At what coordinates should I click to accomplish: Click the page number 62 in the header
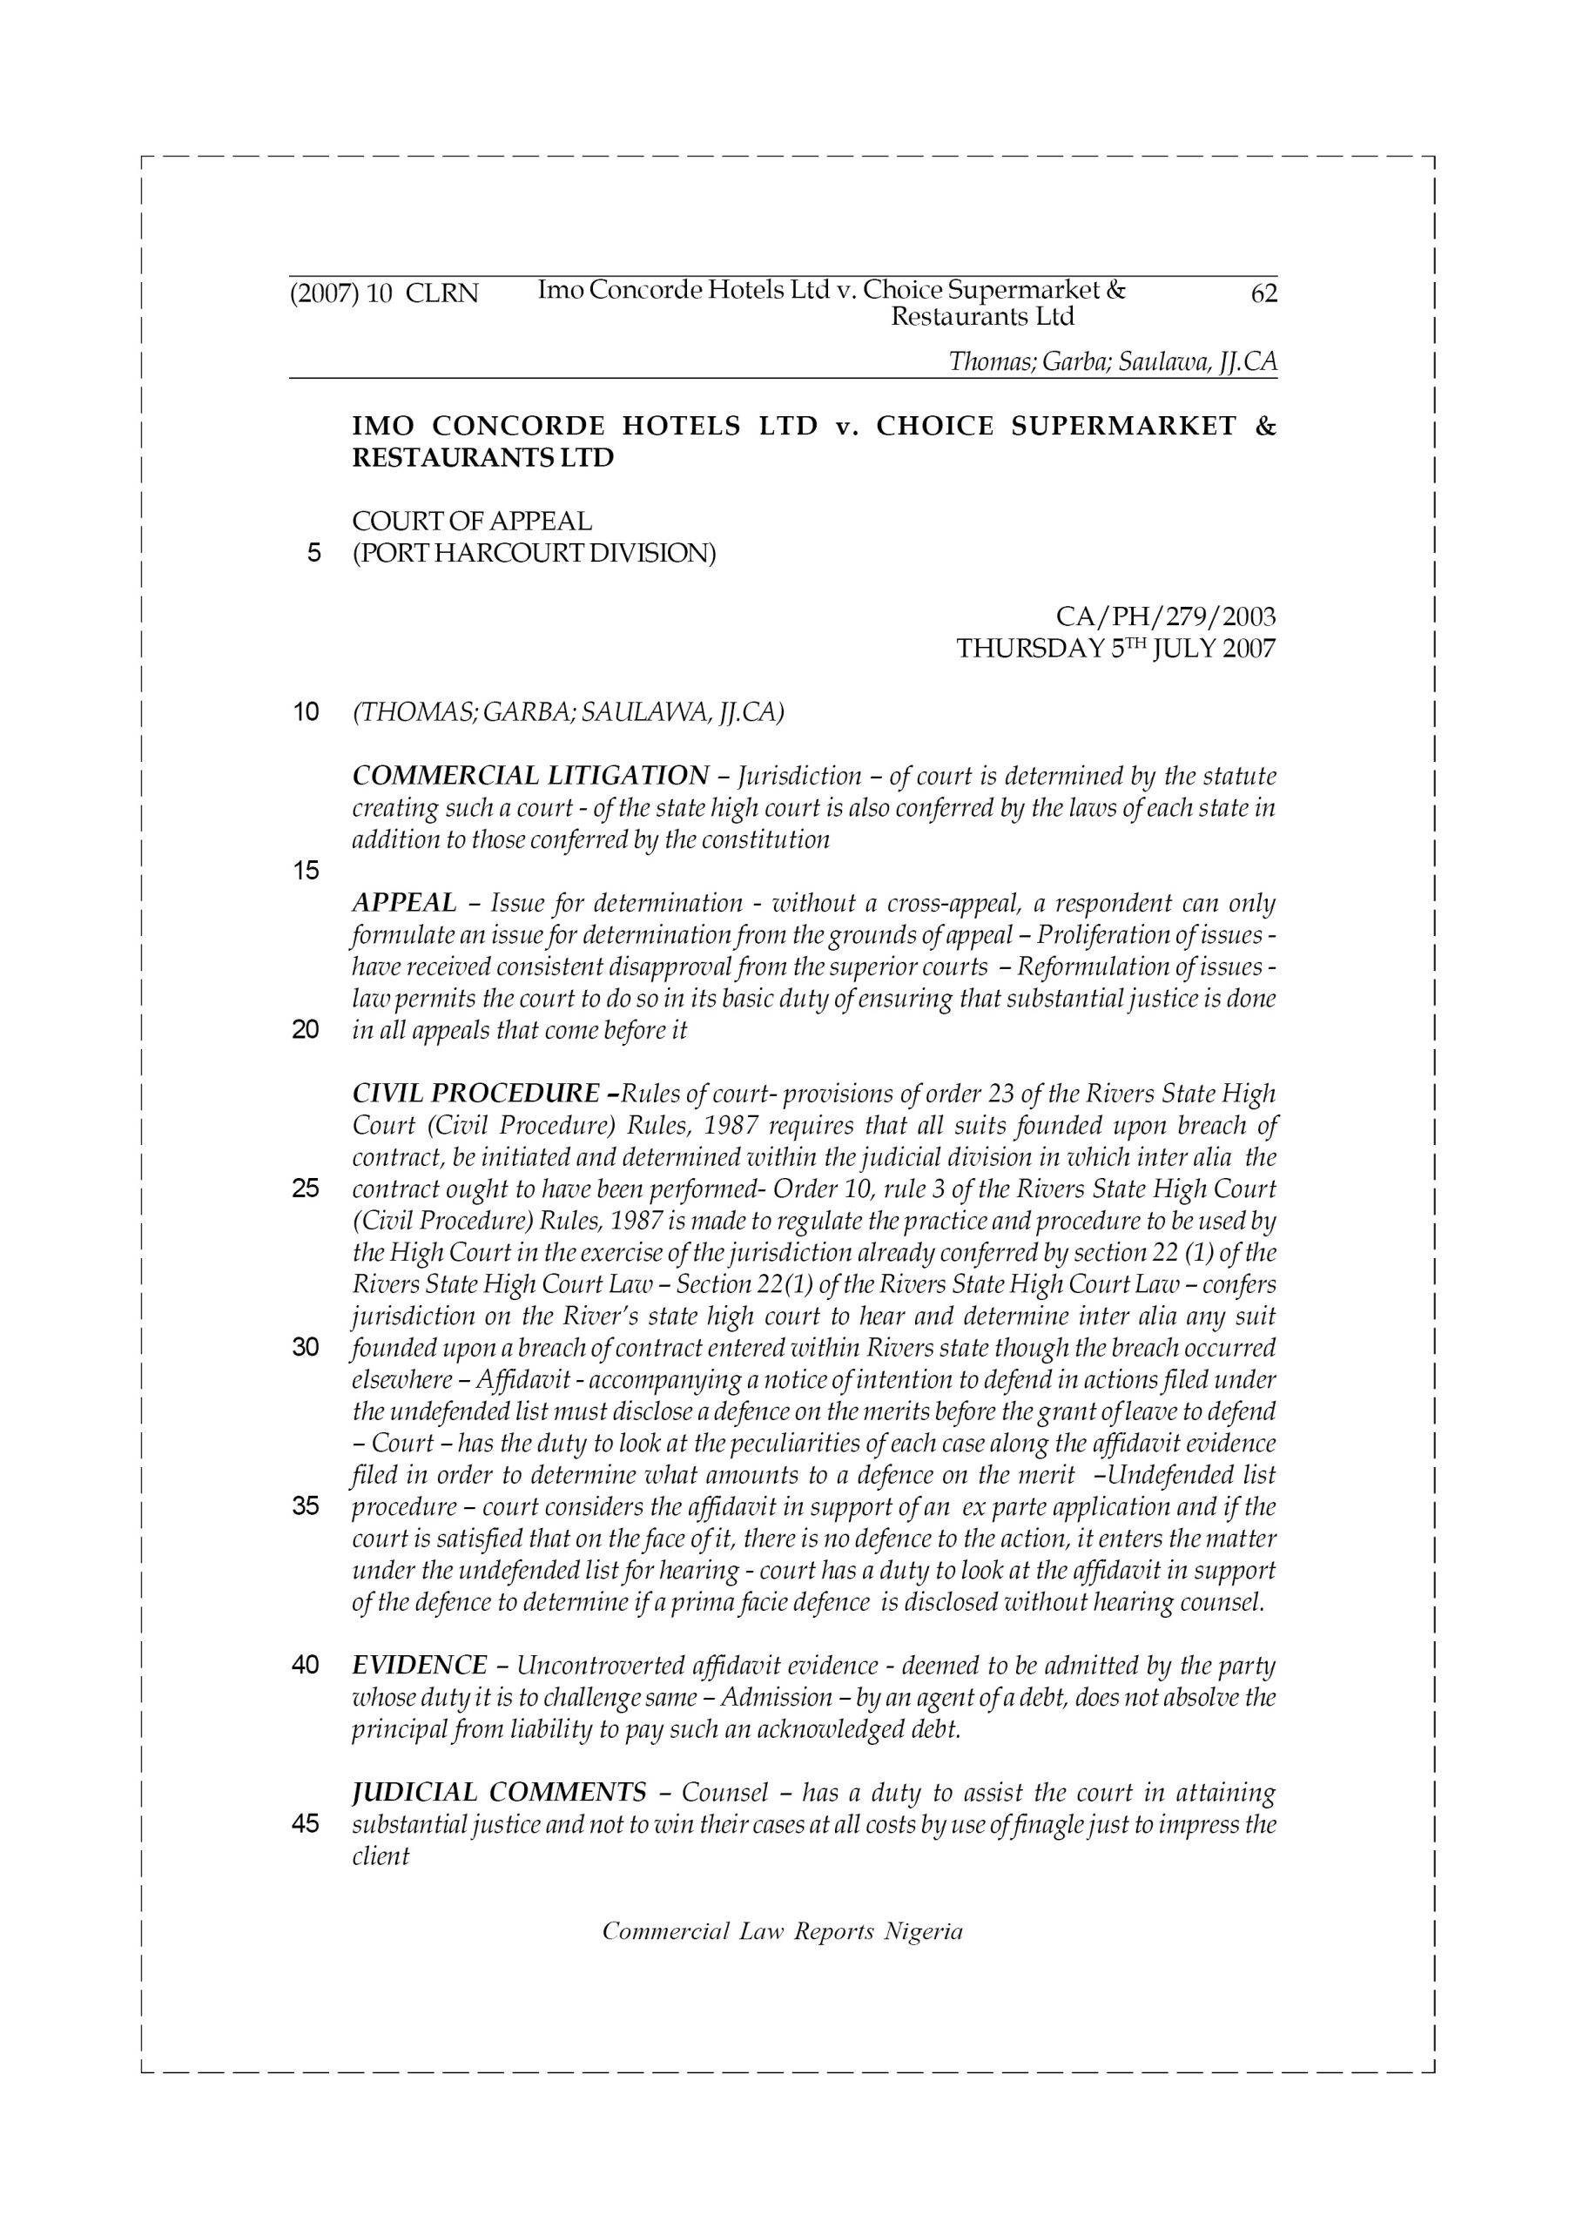1264,293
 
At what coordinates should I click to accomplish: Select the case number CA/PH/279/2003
1165,616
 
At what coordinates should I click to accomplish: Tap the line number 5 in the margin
313,554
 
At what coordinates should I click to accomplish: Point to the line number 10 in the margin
306,711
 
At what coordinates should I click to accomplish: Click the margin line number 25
306,1189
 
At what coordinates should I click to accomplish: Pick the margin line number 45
306,1823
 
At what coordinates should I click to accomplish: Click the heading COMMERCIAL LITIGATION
530,776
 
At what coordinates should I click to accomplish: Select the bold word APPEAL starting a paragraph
404,903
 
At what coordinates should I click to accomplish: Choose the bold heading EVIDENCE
420,1665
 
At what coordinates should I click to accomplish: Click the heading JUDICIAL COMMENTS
499,1792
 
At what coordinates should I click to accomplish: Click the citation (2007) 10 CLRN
385,293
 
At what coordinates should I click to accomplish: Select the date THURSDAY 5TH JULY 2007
1115,649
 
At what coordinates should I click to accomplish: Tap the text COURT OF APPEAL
472,522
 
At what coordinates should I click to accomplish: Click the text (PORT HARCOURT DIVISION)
534,554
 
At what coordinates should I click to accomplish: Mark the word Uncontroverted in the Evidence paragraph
600,1666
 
